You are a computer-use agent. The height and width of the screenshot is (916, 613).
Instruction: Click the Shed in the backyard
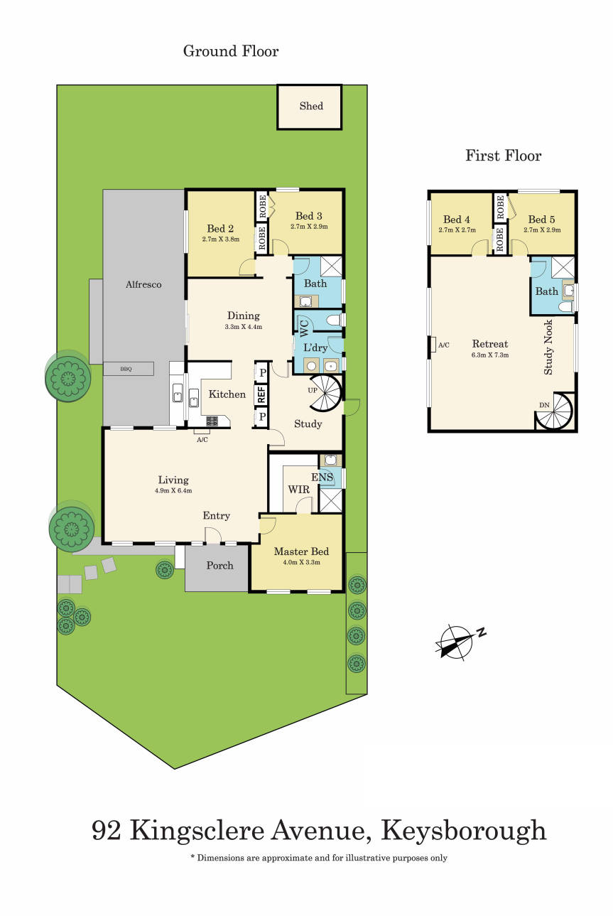(310, 107)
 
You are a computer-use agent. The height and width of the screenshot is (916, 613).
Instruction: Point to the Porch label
(219, 566)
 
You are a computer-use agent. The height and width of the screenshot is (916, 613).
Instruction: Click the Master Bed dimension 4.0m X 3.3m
(301, 562)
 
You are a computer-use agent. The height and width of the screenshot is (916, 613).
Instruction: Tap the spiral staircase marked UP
(327, 394)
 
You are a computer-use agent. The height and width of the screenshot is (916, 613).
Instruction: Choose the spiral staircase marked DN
(555, 413)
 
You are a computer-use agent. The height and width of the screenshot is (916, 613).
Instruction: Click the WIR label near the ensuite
(298, 490)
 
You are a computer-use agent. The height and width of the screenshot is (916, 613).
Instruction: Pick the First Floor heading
(503, 156)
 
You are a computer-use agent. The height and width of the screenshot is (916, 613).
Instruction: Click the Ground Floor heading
(231, 51)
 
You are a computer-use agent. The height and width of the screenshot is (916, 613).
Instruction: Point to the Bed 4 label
(457, 220)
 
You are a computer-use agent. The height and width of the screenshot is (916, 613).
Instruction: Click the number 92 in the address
(107, 830)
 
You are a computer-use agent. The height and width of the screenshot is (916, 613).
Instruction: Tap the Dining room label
(243, 316)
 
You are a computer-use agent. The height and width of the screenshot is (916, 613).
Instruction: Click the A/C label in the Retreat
(444, 345)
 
